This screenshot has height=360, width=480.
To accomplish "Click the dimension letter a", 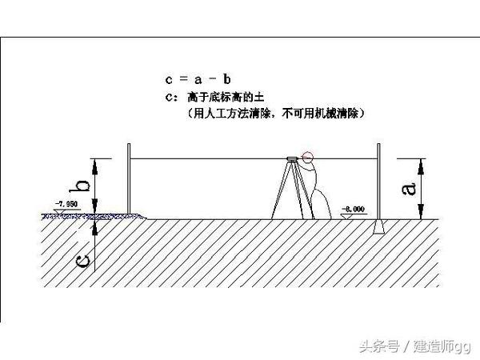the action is tap(408, 188).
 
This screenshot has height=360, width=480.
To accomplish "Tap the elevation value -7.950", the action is tap(66, 206).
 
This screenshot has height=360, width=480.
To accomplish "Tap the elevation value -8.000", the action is tap(354, 209).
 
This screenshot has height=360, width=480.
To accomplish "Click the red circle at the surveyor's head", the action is tap(310, 158).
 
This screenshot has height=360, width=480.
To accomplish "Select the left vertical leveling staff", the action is tap(128, 180).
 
